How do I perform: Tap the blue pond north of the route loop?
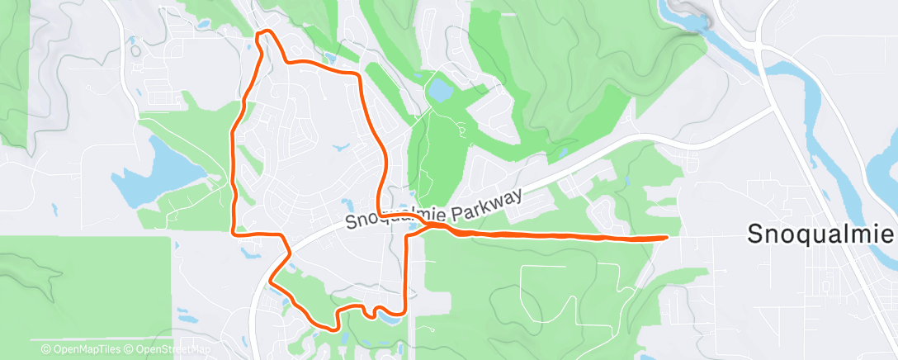438,88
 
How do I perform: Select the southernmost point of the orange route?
333,328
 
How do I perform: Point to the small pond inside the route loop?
341,149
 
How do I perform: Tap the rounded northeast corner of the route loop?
357,75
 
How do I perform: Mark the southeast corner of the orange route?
404,311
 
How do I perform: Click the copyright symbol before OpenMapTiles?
46,349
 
